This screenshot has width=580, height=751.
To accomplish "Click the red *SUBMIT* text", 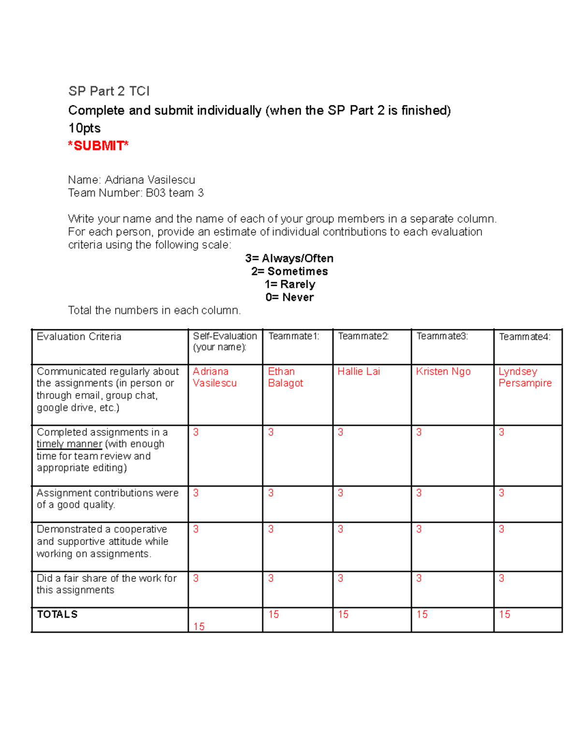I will click(98, 146).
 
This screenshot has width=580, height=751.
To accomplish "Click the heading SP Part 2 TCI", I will click(109, 91).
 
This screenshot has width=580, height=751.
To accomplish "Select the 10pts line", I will click(85, 128).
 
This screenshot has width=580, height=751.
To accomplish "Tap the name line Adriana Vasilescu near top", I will click(131, 180).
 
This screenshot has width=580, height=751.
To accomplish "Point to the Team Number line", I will click(136, 193).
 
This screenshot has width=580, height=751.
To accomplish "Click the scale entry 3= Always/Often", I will click(289, 258).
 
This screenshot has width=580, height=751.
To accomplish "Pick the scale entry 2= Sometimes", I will click(289, 271).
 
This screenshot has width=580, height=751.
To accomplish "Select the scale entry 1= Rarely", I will click(290, 284).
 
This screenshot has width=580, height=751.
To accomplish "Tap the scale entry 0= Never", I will click(289, 297).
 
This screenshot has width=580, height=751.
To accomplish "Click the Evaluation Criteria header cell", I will click(79, 337).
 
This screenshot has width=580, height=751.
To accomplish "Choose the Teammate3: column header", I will click(442, 336).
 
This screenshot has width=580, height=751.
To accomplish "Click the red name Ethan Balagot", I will click(285, 377).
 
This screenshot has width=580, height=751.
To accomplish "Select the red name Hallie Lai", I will click(359, 371).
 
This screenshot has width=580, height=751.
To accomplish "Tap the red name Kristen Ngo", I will click(443, 371).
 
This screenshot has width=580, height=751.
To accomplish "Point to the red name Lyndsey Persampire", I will click(525, 377).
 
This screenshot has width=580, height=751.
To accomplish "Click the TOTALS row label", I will click(57, 614).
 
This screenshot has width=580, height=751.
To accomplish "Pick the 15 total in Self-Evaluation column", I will click(199, 626).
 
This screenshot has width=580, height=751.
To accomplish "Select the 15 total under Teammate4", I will click(505, 614).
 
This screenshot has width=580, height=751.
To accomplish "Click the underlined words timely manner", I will click(69, 444).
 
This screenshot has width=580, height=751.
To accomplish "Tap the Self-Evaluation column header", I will click(225, 341).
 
